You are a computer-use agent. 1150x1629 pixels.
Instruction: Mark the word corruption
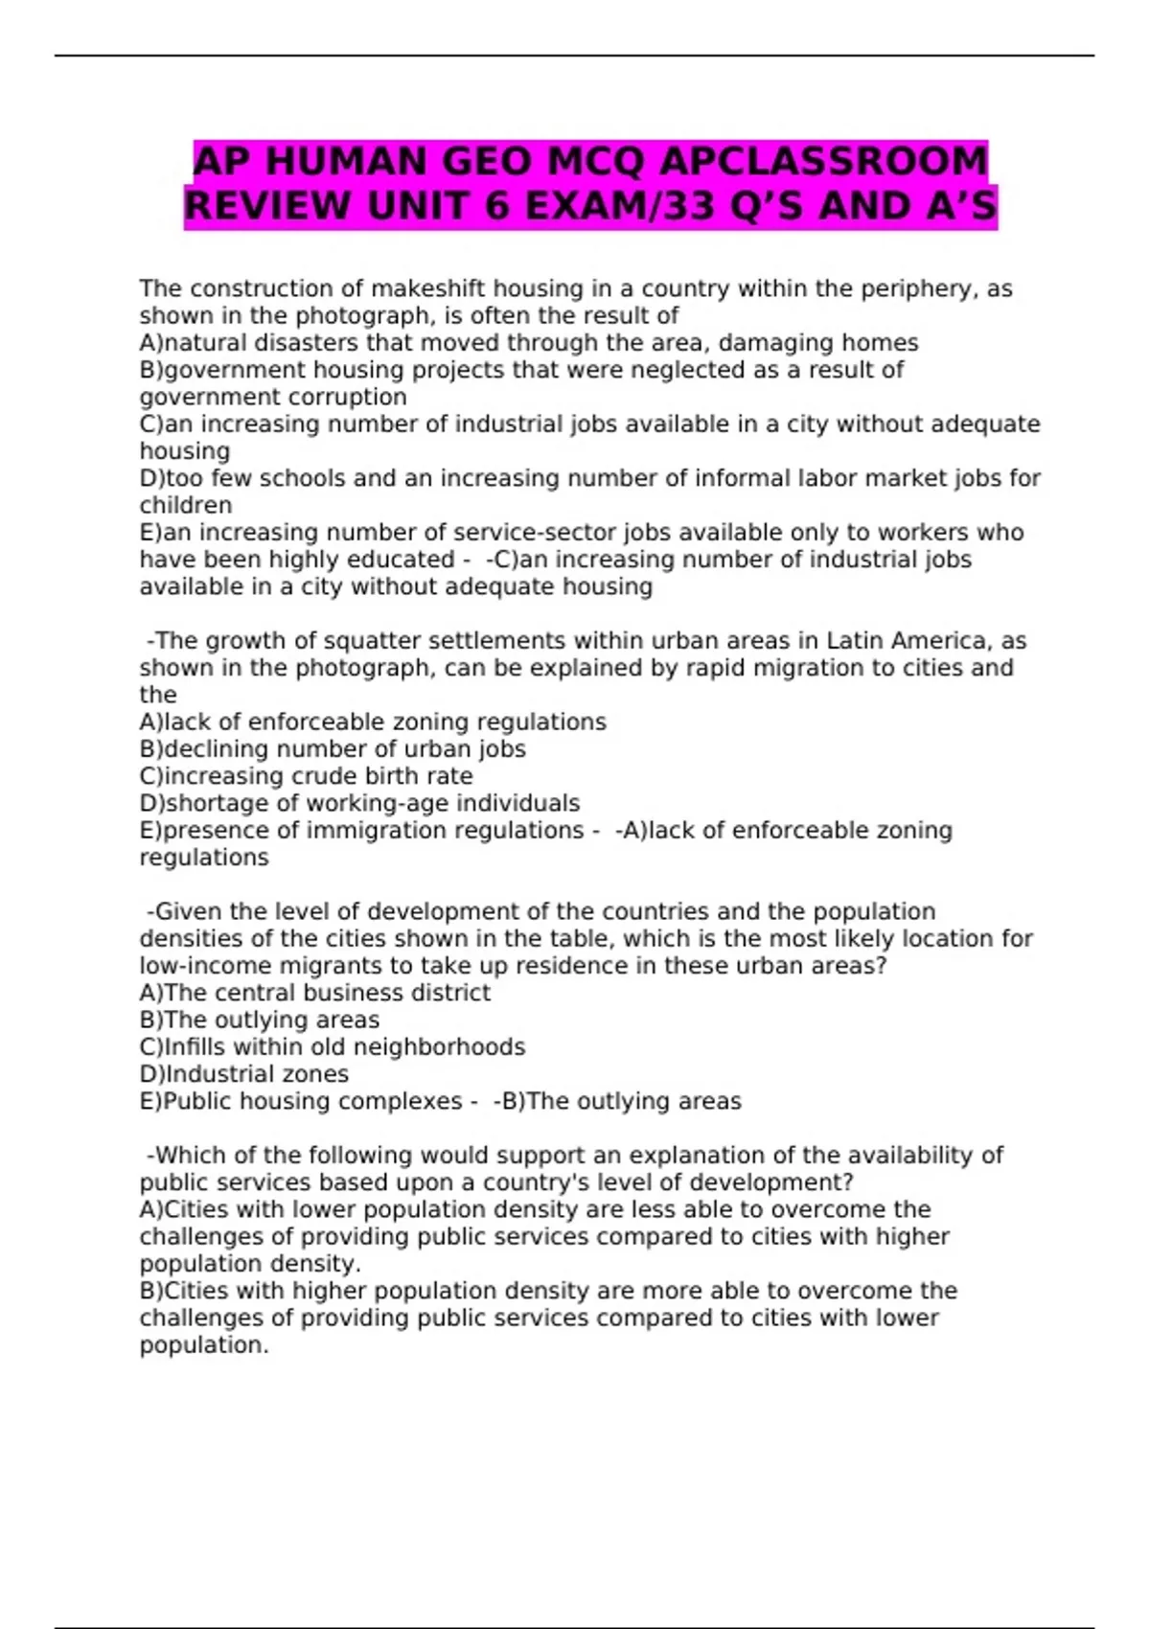click(x=341, y=397)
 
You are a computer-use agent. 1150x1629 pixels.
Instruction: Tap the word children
click(x=186, y=505)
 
